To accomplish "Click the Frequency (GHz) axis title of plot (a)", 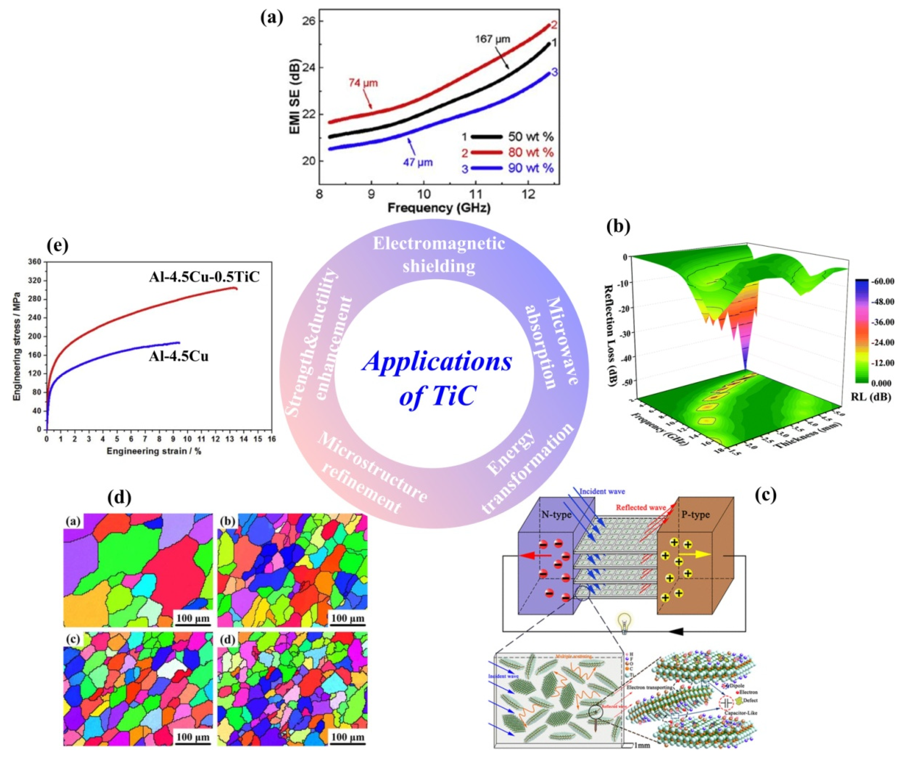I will [x=439, y=208].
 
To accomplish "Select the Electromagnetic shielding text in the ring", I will [x=439, y=254].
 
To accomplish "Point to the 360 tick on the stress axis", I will [x=35, y=262].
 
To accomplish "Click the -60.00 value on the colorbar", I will [x=883, y=281].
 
